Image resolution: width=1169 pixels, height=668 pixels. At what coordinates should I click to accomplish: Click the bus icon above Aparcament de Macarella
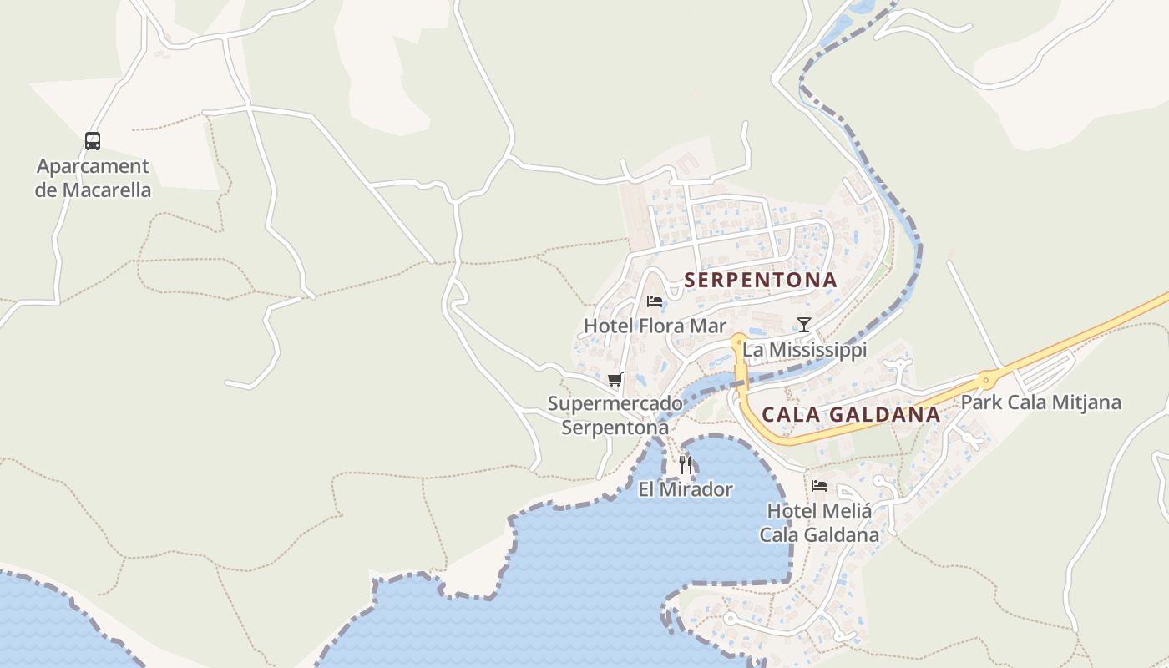pos(93,141)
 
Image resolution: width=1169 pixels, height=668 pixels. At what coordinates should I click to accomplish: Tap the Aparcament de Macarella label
pos(93,178)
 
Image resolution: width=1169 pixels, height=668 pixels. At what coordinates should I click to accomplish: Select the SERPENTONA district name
pos(761,281)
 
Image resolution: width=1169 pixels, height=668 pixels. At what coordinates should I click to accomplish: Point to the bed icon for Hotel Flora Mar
pos(655,301)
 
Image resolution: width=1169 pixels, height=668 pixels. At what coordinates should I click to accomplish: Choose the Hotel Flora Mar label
pos(655,326)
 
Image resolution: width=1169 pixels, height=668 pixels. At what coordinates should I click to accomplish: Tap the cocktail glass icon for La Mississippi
pos(803,325)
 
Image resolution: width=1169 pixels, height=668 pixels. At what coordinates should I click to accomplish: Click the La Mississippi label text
pos(805,350)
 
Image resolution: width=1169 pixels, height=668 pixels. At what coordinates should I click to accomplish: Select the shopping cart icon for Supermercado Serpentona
pos(615,380)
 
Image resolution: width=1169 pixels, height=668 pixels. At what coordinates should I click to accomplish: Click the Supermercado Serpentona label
pos(615,415)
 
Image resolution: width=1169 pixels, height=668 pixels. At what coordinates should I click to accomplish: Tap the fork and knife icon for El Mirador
pos(686,464)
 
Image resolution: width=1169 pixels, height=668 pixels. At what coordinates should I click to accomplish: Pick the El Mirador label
pos(686,489)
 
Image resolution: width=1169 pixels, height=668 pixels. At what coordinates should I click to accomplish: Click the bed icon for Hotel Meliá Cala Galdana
pos(819,485)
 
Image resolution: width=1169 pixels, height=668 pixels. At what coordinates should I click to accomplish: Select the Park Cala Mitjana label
pos(1040,402)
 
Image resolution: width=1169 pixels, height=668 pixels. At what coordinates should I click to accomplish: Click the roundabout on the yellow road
pos(986,381)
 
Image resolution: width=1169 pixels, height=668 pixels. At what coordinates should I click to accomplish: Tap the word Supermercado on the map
pos(615,404)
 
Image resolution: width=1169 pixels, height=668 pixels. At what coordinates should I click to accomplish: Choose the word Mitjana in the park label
pos(1085,402)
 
